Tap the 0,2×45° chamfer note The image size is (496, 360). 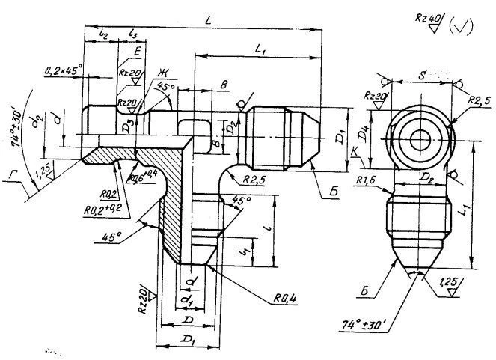63,70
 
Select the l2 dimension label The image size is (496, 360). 104,34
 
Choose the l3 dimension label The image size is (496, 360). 133,34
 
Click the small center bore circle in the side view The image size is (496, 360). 420,138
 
